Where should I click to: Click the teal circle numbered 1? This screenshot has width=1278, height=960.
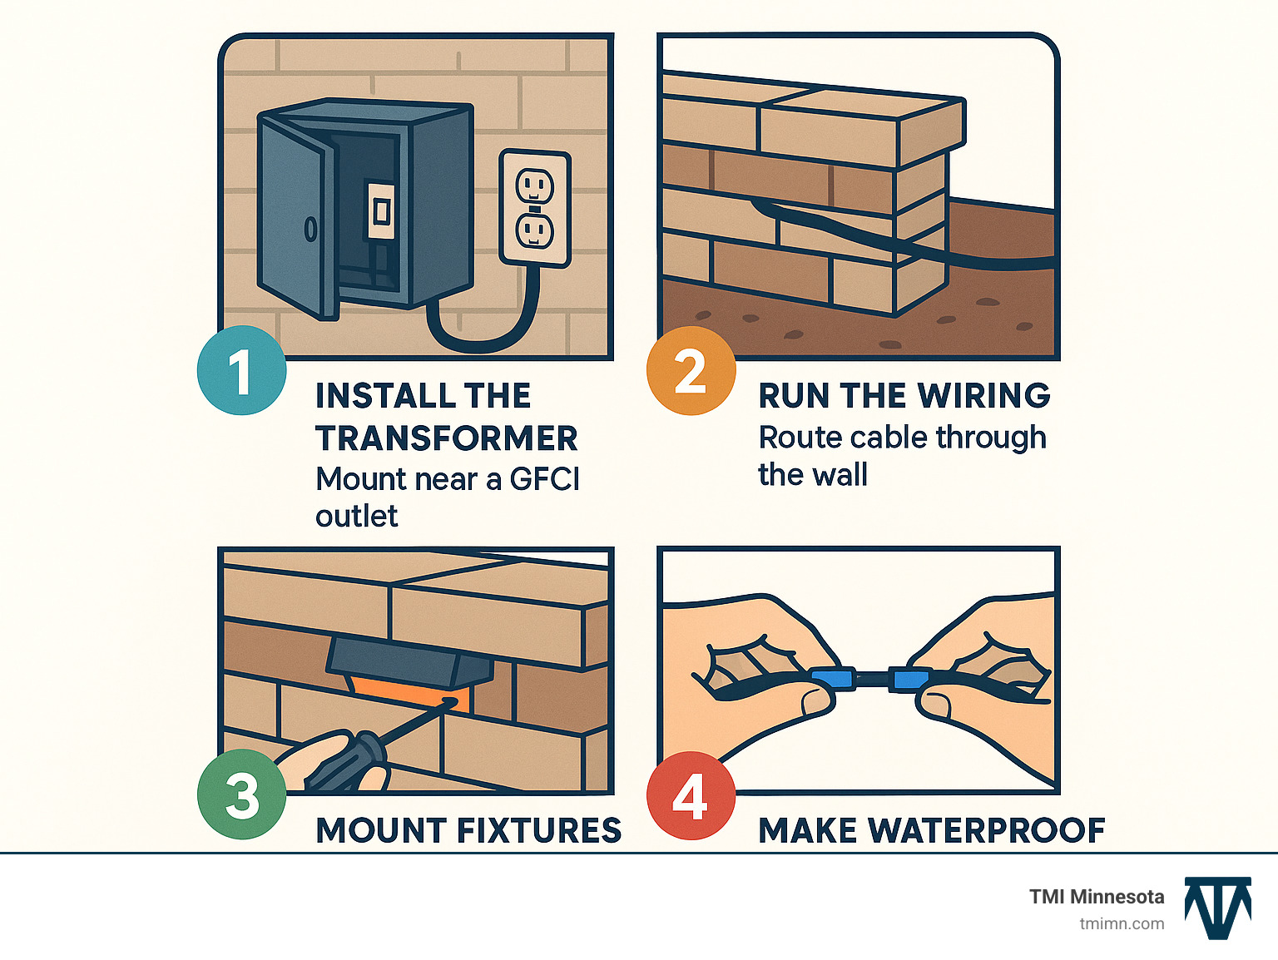coord(241,371)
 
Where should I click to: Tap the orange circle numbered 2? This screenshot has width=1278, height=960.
coord(691,371)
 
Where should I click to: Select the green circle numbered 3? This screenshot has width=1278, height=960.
coord(241,794)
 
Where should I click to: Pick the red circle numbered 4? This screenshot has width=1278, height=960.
coord(691,796)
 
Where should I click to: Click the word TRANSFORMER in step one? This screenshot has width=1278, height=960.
coord(446,438)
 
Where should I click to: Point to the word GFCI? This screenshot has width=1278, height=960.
coord(544,479)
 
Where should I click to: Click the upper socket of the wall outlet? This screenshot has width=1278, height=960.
coord(534,185)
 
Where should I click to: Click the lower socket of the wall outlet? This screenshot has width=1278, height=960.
coord(534,230)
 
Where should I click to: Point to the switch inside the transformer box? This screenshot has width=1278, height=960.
coord(381,211)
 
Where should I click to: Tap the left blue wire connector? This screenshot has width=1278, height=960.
coord(832,679)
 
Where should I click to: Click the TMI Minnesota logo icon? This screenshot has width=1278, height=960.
coord(1218,908)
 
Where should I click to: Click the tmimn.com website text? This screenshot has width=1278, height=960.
coord(1122,923)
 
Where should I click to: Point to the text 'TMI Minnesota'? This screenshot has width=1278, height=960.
coord(1096,897)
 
